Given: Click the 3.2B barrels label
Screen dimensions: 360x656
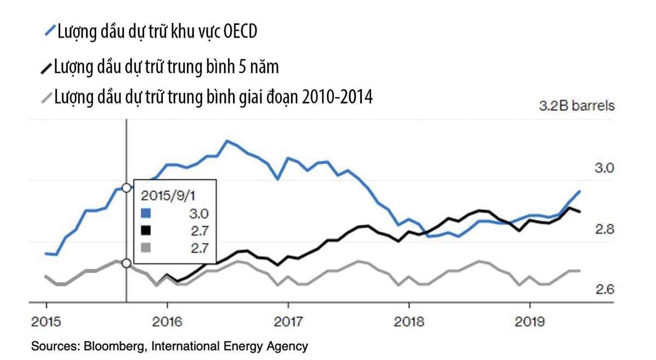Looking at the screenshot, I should coord(576,106).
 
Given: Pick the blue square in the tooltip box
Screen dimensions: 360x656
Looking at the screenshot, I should coord(145,213).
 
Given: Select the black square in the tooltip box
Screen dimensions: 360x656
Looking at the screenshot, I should coord(145,230).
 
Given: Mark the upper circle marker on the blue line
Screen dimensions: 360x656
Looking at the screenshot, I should coord(127,188).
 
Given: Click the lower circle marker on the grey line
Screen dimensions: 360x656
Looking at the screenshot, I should coord(127,263).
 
